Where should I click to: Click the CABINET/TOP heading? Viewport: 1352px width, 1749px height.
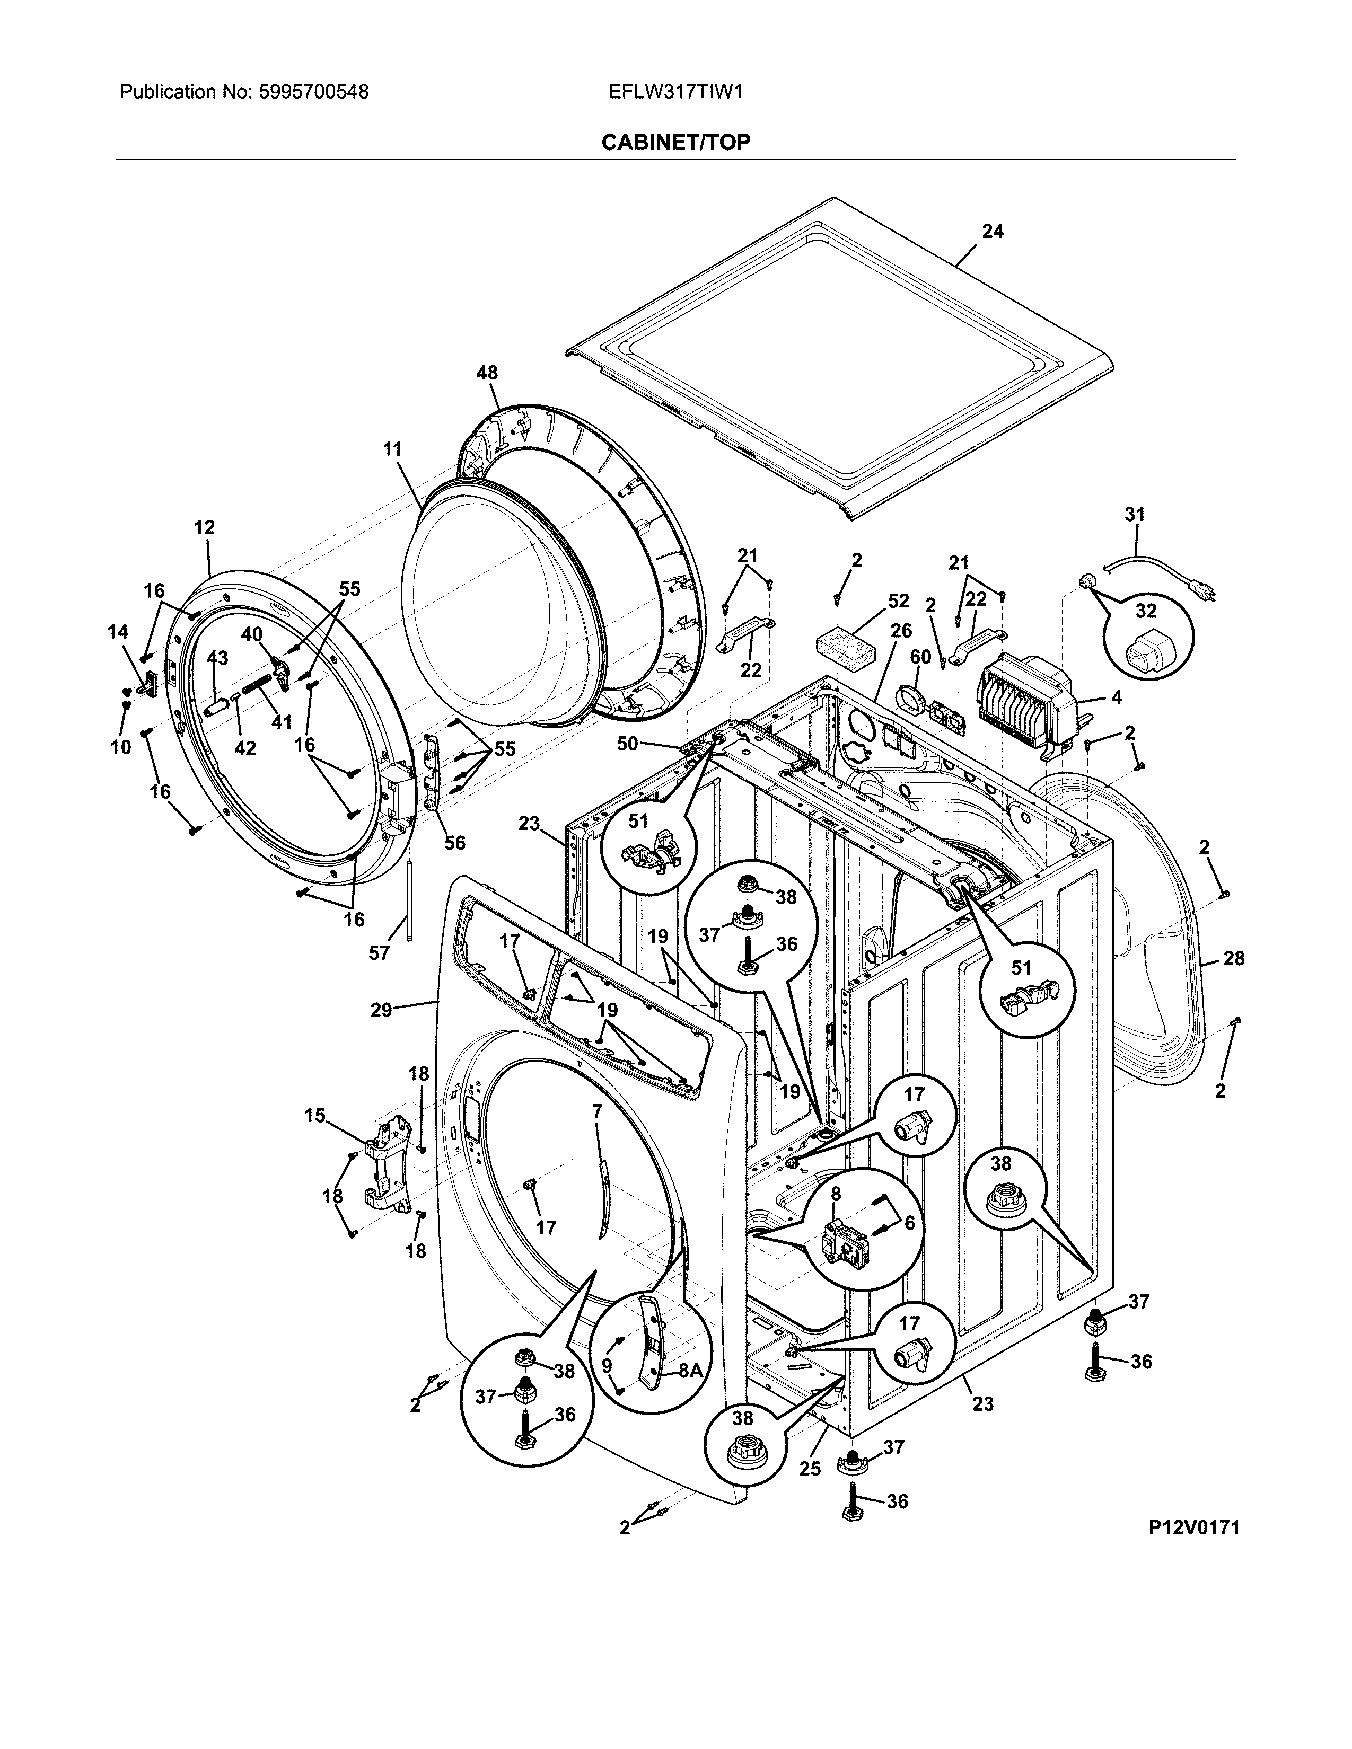coord(675,143)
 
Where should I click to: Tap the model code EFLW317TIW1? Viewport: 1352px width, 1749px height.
coord(675,92)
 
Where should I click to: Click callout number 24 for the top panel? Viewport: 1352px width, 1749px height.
coord(993,232)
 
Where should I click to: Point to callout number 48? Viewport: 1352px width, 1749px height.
coord(487,373)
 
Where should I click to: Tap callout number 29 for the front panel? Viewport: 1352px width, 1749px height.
coord(381,1010)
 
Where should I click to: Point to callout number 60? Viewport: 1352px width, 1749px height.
coord(920,657)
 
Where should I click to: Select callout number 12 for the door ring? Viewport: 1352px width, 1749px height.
coord(204,528)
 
